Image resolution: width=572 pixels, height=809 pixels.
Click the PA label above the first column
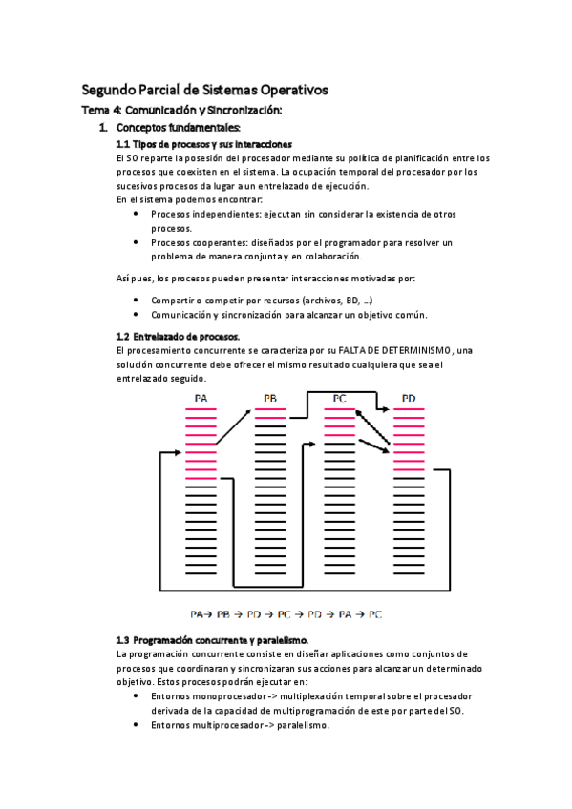201,398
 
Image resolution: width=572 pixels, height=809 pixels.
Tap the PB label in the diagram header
270,398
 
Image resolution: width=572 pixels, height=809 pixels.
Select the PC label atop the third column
339,398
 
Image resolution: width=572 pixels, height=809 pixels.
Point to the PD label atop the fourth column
409,398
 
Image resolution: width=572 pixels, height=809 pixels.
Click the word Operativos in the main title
287,90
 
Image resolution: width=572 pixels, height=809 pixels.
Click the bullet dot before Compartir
137,301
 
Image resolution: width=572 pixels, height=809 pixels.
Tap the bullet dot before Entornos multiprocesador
137,725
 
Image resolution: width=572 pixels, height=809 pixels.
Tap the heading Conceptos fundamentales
179,127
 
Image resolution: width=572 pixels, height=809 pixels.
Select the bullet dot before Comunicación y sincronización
137,315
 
